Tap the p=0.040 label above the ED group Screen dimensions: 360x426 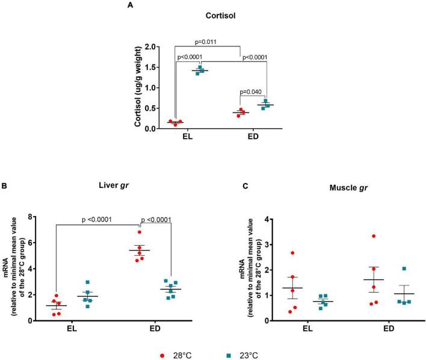[253, 92]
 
